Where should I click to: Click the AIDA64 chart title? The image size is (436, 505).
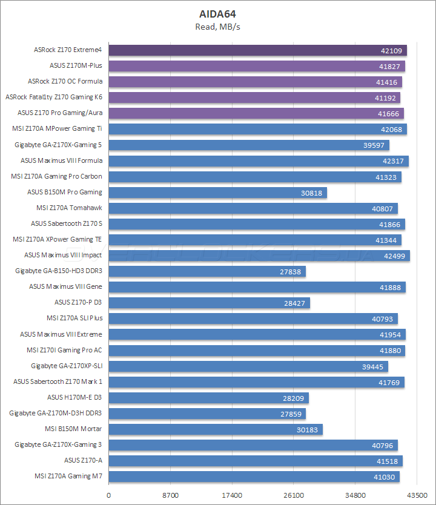[218, 13]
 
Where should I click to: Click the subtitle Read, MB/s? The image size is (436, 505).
[218, 26]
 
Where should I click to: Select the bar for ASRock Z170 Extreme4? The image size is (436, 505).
[257, 50]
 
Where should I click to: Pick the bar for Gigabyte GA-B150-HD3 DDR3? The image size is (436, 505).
[206, 271]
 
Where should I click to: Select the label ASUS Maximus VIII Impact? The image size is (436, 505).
[63, 256]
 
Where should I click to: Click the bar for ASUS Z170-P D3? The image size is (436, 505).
[209, 303]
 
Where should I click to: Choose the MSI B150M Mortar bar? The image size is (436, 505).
[215, 429]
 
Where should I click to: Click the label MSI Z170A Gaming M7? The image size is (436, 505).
[68, 477]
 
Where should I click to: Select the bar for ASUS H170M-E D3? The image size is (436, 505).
[208, 398]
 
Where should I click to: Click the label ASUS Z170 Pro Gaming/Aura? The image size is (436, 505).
[60, 113]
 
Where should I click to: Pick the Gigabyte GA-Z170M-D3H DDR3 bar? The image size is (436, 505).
[206, 414]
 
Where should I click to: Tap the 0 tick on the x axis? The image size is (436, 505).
[108, 493]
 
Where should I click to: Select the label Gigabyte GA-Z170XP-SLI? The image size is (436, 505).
[67, 366]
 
